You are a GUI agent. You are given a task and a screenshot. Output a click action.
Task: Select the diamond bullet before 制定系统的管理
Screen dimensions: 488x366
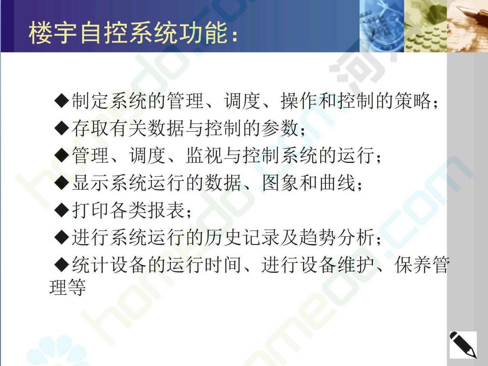pos(61,101)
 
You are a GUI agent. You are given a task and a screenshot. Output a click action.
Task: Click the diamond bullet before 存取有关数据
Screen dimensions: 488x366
pos(61,128)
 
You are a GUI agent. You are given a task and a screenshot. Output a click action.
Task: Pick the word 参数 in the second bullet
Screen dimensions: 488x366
pos(281,128)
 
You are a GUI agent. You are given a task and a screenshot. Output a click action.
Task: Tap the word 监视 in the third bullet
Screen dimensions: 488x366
pos(205,155)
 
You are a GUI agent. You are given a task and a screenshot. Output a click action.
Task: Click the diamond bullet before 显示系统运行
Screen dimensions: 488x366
pos(61,183)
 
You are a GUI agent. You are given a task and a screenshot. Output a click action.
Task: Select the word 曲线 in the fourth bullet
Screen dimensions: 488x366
pos(338,183)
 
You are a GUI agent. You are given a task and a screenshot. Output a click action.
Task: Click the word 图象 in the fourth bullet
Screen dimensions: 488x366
pos(281,183)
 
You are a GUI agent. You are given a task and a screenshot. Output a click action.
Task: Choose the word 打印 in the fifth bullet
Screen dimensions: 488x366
pos(91,210)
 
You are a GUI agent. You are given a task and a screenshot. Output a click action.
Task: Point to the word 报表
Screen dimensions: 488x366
pos(167,210)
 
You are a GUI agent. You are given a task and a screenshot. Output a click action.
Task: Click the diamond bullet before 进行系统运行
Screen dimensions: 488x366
pos(61,237)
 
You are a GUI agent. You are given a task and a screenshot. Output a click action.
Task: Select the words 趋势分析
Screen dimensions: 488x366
pos(338,237)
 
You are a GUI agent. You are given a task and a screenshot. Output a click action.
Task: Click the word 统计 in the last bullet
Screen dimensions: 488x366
pos(91,265)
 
